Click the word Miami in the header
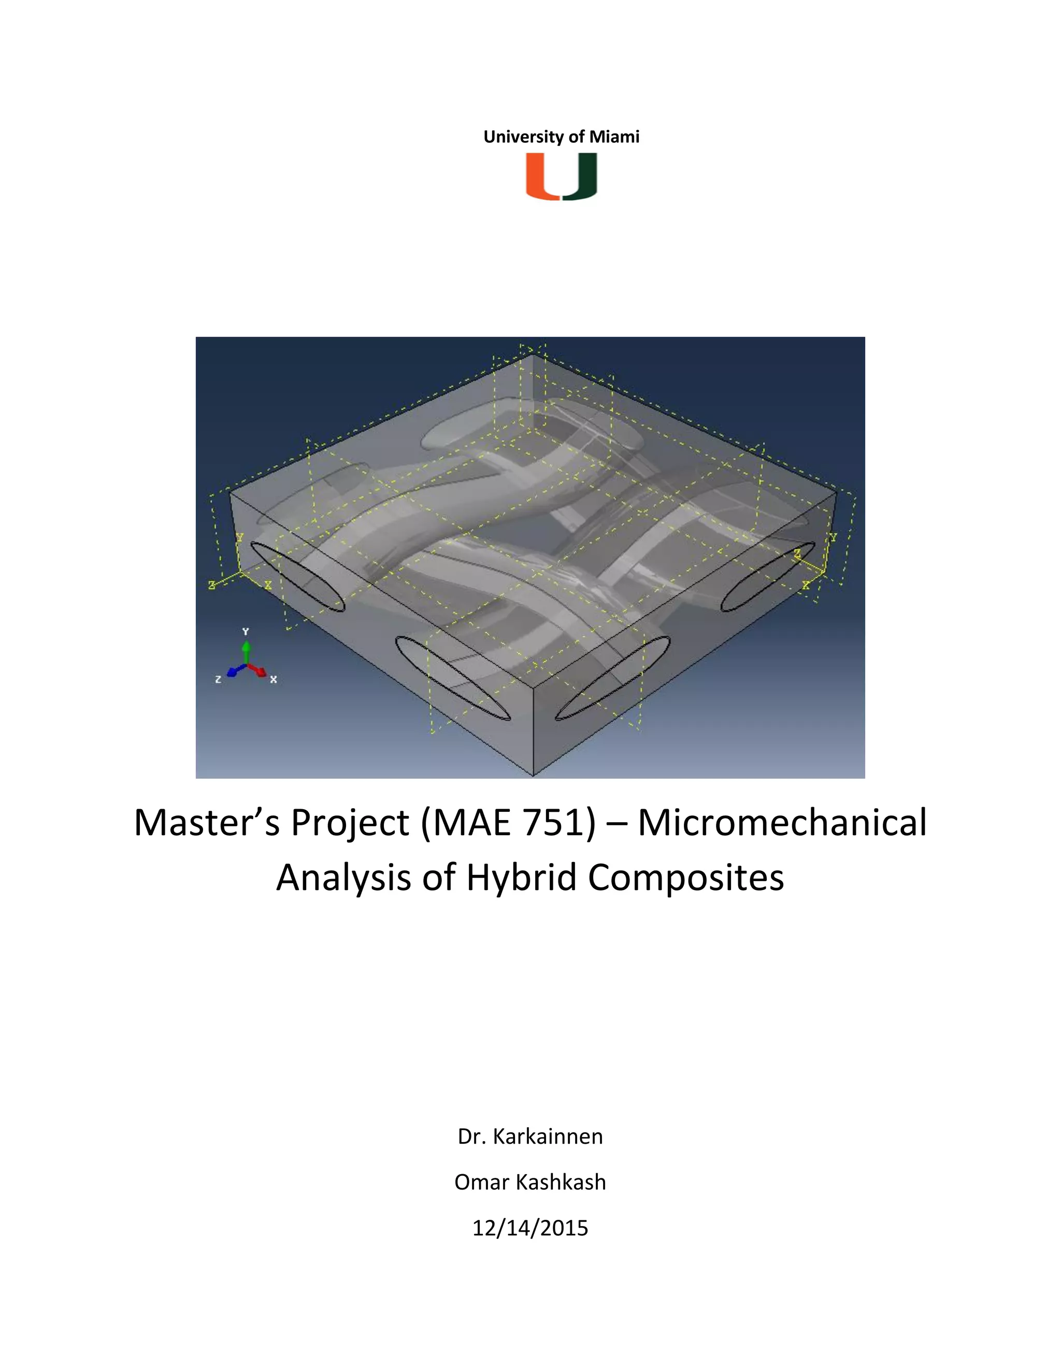coord(614,137)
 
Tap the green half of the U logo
coord(580,177)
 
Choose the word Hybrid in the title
coord(521,878)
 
